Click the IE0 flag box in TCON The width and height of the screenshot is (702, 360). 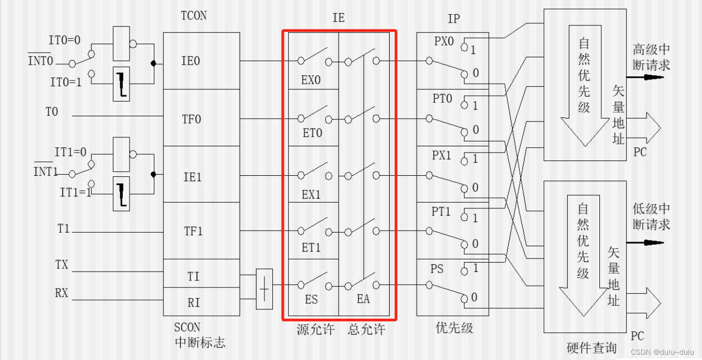point(191,61)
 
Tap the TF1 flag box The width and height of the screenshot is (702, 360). point(192,231)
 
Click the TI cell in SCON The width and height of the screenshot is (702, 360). point(193,276)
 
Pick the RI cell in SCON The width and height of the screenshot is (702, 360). point(193,303)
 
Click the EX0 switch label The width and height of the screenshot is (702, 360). point(311,81)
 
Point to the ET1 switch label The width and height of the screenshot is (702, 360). point(311,247)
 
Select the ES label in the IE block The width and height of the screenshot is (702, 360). point(311,299)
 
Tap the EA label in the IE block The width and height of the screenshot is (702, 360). point(363,299)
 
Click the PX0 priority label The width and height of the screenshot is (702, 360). point(444,42)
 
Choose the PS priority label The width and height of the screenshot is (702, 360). point(437,269)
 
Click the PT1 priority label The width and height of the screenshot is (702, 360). point(441,212)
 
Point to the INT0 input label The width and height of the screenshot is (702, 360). point(41,61)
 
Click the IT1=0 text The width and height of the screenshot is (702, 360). point(70,153)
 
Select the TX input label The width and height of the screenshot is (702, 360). point(62,265)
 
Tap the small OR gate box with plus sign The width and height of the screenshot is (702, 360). point(264,289)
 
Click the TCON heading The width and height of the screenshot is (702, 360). point(193,16)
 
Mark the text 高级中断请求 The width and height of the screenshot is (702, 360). point(651,57)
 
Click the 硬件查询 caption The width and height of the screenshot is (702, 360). point(591,348)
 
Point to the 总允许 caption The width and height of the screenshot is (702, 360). point(367,330)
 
